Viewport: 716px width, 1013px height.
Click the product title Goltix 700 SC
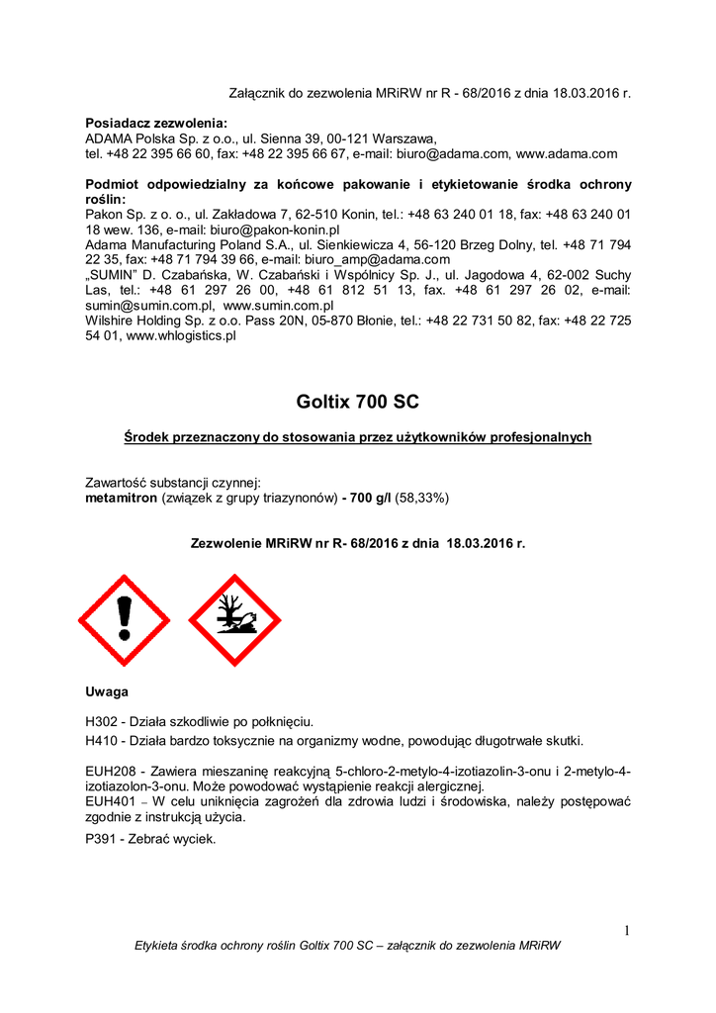pos(357,402)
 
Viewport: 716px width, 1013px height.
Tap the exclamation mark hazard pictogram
pos(125,619)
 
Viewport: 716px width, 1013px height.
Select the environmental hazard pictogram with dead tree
pos(234,619)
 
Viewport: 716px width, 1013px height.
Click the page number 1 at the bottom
pos(626,928)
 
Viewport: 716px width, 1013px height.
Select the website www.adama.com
pos(567,153)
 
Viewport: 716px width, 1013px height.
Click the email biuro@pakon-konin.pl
pos(267,229)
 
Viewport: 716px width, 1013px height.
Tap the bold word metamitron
pos(122,499)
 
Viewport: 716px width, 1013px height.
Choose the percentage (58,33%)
pos(422,499)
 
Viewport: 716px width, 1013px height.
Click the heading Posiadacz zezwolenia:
pos(156,123)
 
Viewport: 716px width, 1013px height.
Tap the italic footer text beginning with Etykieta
pos(347,946)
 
